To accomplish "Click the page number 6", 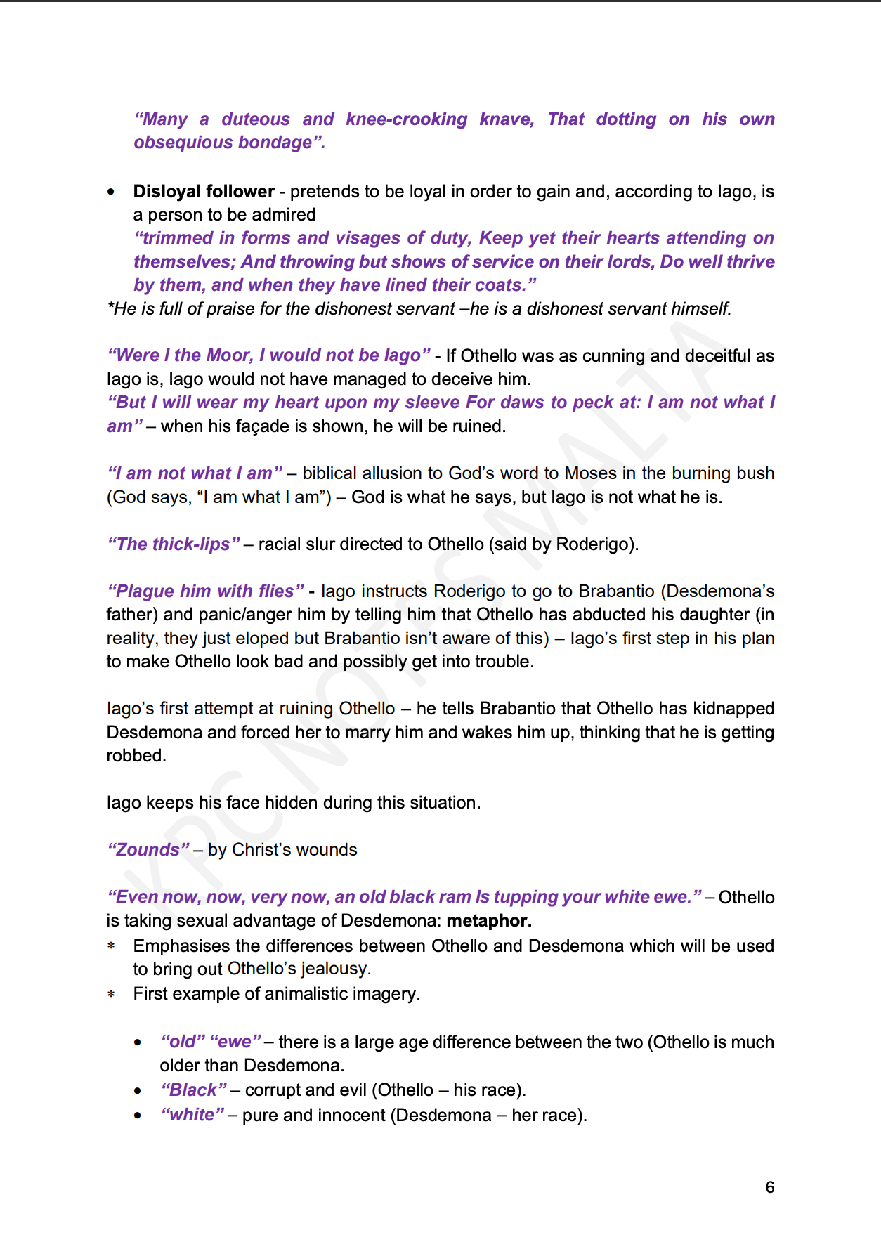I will coord(770,1187).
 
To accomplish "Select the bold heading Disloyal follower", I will coord(204,192).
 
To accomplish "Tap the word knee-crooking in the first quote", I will coord(406,119).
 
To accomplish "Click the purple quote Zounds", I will coord(148,850).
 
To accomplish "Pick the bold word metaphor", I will coord(489,921).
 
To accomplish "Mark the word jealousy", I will coord(333,969).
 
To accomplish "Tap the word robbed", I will coord(135,756).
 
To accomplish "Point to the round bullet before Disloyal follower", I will coord(111,192).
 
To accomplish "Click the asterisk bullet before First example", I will coord(111,995).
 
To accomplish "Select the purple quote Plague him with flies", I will coord(205,591).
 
